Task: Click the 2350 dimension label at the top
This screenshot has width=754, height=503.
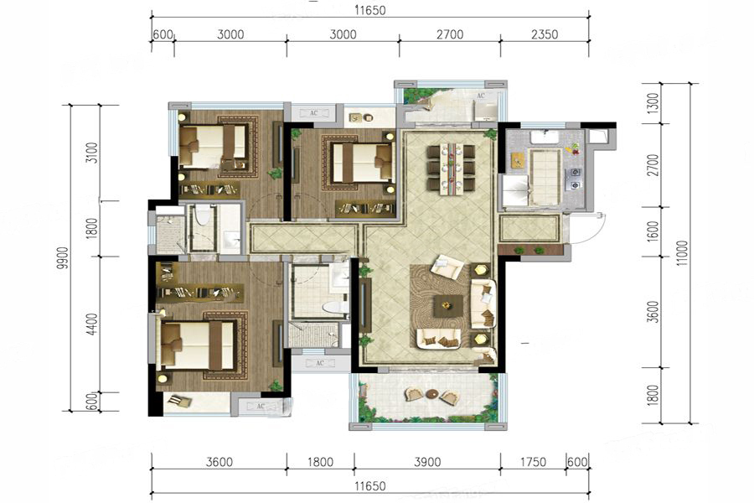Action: (x=545, y=34)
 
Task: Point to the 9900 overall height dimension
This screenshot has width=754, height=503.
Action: (x=62, y=261)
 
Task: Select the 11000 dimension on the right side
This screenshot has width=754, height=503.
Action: (x=682, y=254)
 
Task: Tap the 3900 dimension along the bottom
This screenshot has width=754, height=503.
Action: (x=427, y=462)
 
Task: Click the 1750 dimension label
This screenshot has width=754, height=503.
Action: (x=533, y=462)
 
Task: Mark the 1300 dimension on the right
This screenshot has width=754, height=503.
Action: (x=653, y=103)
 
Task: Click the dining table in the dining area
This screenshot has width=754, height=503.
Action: (x=451, y=169)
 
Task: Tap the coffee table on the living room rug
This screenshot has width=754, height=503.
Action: (x=448, y=306)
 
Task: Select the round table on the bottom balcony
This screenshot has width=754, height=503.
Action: (x=432, y=394)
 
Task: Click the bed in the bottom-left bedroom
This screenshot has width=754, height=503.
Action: (x=198, y=345)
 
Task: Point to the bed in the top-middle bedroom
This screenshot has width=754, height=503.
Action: (x=362, y=162)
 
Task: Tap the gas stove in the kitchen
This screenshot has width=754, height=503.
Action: (x=575, y=178)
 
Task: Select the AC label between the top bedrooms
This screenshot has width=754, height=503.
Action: (x=313, y=114)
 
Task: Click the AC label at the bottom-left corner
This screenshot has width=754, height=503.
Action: (x=261, y=407)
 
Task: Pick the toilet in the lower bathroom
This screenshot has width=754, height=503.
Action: (x=336, y=307)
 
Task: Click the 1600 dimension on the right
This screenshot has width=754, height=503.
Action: (x=653, y=231)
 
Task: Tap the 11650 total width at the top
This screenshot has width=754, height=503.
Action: (x=371, y=10)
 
